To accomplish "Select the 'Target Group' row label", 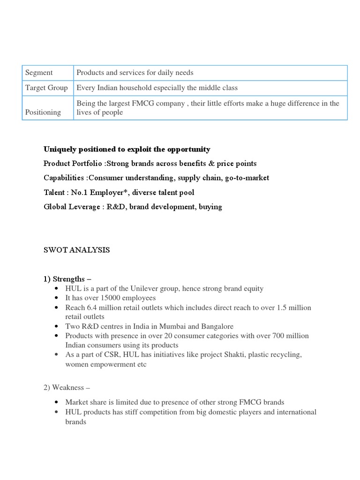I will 46,88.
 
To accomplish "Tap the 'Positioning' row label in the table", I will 43,112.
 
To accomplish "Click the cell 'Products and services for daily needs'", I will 135,73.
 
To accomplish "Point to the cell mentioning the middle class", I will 157,88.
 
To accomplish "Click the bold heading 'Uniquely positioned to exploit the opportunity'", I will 127,149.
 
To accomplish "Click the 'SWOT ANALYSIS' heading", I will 76,250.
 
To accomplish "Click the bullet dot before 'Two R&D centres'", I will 57,327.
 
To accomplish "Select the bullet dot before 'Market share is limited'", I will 57,403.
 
